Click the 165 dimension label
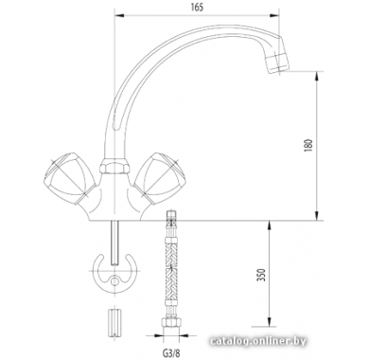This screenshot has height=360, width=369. click(x=197, y=7)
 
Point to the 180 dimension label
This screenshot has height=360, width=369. click(x=309, y=145)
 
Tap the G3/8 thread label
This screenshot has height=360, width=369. click(x=172, y=351)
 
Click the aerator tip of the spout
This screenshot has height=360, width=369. click(x=277, y=63)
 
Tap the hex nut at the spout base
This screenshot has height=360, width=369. click(x=114, y=167)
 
